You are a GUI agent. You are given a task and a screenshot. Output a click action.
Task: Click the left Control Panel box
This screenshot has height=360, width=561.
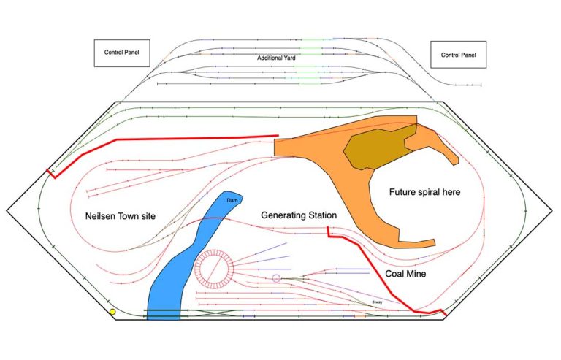[x=122, y=53]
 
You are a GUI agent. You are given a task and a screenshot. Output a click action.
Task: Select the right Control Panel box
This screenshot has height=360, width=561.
[x=459, y=54]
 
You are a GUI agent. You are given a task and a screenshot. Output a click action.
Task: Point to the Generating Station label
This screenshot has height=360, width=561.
[x=298, y=215]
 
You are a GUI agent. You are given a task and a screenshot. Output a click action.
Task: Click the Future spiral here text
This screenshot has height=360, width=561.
[x=424, y=192]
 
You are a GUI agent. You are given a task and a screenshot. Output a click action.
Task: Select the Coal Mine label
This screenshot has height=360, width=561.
[x=405, y=274]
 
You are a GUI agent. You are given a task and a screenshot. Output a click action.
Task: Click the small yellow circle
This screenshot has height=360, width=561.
[x=112, y=312]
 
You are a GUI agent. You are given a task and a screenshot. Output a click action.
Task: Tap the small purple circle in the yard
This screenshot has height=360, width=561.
[x=276, y=278]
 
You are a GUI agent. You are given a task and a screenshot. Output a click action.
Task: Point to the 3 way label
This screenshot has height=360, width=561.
[x=377, y=301]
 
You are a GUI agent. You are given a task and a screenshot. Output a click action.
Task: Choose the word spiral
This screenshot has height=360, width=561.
[x=426, y=192]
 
